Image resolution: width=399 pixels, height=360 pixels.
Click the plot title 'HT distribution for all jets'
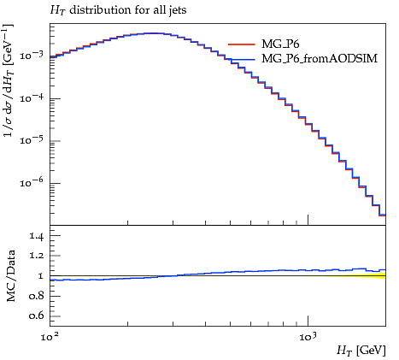point(118,10)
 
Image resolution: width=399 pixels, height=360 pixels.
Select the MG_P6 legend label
point(280,44)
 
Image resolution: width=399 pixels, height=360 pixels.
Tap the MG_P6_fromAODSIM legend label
point(320,58)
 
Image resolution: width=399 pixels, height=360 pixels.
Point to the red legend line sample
point(242,44)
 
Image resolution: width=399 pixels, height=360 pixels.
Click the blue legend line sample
point(242,59)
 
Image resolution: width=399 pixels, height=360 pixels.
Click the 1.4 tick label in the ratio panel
point(37,236)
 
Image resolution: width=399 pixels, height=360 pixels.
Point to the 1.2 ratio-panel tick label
point(37,256)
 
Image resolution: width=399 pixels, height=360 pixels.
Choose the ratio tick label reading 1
point(41,276)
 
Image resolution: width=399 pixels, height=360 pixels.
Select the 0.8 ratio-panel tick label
point(37,296)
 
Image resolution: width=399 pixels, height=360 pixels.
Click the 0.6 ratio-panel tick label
point(37,316)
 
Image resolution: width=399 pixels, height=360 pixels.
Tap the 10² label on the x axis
point(50,337)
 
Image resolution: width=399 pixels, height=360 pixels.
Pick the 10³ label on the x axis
point(308,337)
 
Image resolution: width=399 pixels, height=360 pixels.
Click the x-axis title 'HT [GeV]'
point(361,351)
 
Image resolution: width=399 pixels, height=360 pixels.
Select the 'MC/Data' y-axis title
point(10,276)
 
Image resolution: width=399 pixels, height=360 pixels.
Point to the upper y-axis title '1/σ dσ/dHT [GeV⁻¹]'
point(8,81)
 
